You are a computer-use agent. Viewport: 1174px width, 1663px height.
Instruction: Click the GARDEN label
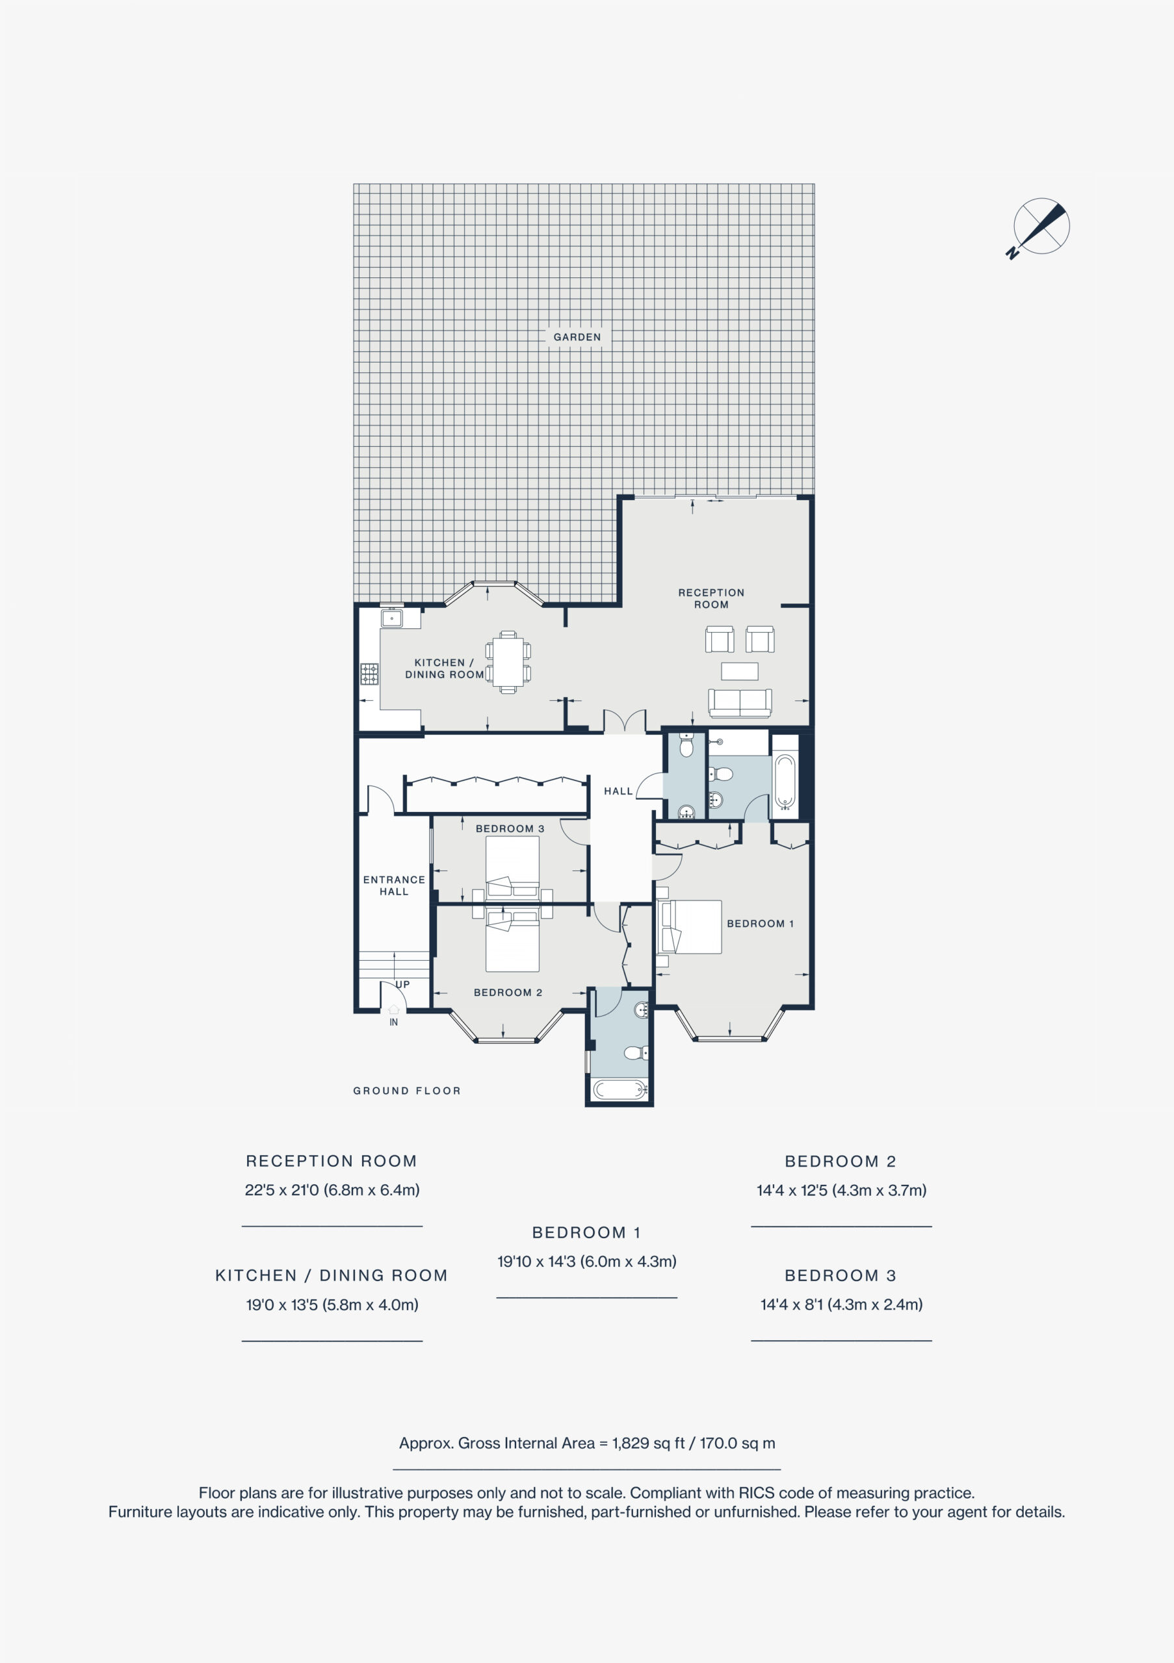(x=577, y=336)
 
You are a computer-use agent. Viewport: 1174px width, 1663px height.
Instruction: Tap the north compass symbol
(x=1039, y=227)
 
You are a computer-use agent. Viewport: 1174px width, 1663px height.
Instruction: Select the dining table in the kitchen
(x=508, y=662)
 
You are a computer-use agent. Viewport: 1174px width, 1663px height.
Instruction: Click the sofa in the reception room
(x=740, y=703)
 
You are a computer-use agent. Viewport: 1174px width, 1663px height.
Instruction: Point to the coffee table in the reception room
(x=740, y=672)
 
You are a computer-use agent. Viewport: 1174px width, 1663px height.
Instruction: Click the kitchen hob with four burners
(x=370, y=674)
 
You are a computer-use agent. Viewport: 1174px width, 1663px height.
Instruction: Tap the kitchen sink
(x=392, y=618)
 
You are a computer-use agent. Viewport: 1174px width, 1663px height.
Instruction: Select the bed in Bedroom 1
(x=689, y=926)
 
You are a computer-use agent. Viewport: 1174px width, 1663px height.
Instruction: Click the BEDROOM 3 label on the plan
(x=510, y=829)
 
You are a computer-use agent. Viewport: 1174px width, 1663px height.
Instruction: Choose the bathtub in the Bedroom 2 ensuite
(x=619, y=1089)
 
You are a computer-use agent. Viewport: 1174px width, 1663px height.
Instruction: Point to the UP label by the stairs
(x=403, y=984)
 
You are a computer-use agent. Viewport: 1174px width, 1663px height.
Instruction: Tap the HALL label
(x=618, y=791)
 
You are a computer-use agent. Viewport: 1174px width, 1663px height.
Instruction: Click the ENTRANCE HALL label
(x=394, y=885)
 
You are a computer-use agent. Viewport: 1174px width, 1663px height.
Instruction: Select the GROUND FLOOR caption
(x=406, y=1091)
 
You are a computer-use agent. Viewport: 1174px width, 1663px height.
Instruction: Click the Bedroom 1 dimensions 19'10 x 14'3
(x=586, y=1261)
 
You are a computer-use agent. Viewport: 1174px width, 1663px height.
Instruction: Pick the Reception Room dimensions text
(x=332, y=1189)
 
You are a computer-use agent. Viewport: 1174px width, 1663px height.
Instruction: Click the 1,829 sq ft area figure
(x=648, y=1443)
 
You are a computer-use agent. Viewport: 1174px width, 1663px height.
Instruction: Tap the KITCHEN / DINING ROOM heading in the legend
(x=331, y=1275)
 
